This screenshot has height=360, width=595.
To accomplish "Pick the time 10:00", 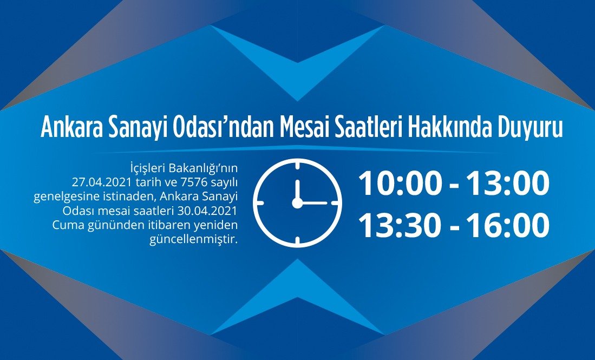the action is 400,184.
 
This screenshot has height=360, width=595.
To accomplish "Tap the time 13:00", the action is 508,184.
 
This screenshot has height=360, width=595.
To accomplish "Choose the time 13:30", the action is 400,225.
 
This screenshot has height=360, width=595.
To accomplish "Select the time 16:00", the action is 508,225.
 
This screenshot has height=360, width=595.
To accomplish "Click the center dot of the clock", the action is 298,203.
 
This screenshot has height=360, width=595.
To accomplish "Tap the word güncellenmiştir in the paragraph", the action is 193,240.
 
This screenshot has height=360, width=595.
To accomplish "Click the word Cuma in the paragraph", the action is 63,225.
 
